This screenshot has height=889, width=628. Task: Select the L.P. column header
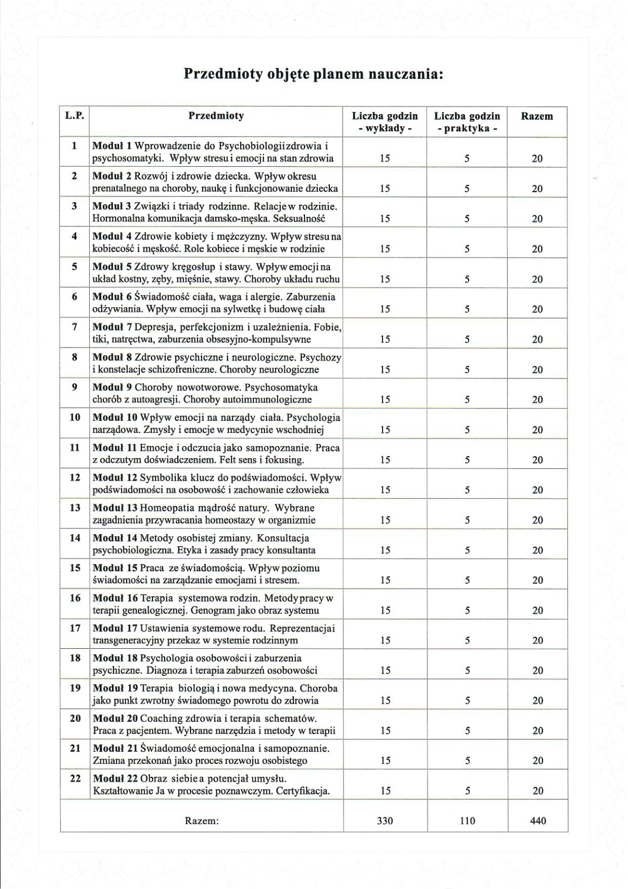click(74, 116)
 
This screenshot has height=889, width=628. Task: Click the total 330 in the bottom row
click(385, 821)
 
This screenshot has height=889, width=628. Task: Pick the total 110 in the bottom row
click(467, 821)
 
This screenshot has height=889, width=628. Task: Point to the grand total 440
click(538, 821)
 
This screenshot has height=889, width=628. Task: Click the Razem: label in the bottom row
click(202, 821)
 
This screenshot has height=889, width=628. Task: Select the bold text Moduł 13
click(115, 508)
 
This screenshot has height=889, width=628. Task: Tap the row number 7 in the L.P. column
click(74, 327)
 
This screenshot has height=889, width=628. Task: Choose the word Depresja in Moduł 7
click(155, 327)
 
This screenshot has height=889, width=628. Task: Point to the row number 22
click(75, 778)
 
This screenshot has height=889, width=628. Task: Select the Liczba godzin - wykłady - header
click(385, 122)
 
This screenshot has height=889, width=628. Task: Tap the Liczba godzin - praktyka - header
click(467, 122)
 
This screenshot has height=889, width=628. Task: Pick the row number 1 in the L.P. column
click(74, 146)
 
